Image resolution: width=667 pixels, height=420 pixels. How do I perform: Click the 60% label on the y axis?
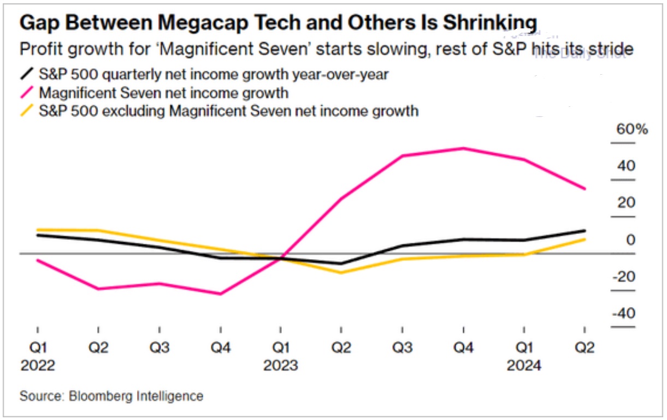point(631,130)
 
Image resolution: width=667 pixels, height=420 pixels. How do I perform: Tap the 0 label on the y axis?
point(631,240)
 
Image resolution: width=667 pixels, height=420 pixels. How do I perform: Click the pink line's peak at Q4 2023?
point(463,148)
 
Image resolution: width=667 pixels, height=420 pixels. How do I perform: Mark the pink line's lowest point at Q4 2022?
point(220,294)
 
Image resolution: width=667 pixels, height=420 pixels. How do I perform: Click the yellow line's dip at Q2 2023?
point(341,272)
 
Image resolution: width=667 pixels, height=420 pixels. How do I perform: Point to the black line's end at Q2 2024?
point(585,230)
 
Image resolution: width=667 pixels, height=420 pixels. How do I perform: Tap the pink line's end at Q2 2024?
point(585,189)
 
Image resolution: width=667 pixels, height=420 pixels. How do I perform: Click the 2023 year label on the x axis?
point(281,365)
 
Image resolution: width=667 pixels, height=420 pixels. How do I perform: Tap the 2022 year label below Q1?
point(38,365)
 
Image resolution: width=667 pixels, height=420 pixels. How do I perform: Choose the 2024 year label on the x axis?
point(524,365)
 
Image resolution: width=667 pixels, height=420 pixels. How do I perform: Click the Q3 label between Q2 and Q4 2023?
point(402,347)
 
